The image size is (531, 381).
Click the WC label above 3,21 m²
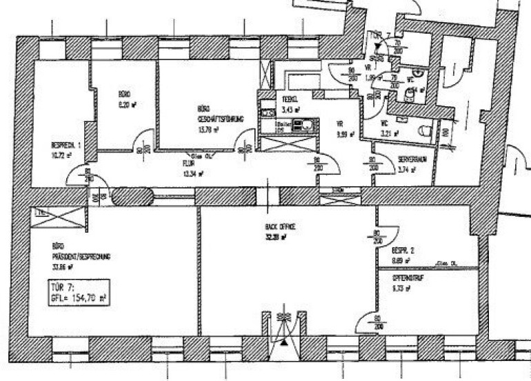(x=385, y=124)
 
